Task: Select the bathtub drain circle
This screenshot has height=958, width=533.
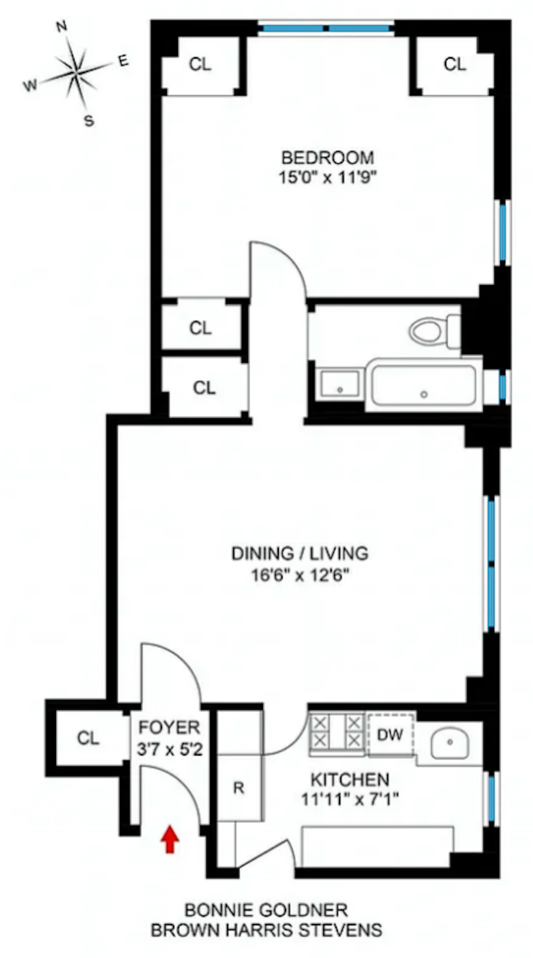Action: pos(424,394)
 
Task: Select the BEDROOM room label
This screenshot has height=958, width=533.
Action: pos(327,158)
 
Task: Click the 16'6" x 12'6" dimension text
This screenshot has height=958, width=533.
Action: pos(300,576)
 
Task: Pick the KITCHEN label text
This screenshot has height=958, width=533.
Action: pos(350,779)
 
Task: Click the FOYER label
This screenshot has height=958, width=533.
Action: pos(169,727)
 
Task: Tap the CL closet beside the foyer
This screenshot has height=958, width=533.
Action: pos(88,738)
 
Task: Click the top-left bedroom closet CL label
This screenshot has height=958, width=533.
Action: pos(200,64)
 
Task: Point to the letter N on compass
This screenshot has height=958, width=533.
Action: pos(61,26)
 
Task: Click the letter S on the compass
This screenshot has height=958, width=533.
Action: pos(89,121)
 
